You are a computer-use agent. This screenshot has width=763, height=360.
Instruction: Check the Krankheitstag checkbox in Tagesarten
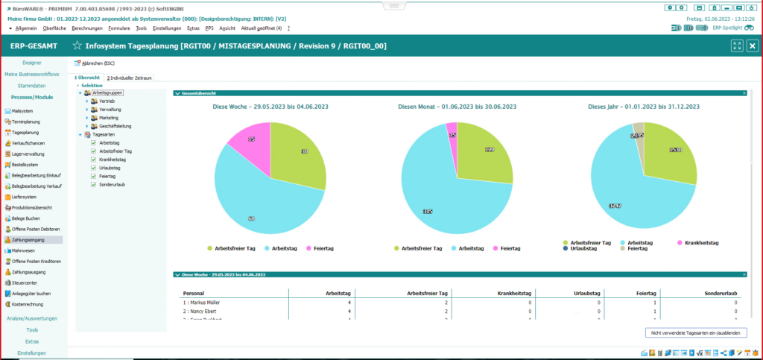pyautogui.click(x=94, y=160)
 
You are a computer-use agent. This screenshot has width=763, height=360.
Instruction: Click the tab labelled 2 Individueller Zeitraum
pyautogui.click(x=130, y=78)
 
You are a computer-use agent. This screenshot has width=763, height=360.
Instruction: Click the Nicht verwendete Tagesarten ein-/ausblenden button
pyautogui.click(x=695, y=332)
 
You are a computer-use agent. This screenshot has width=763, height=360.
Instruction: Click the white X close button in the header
pyautogui.click(x=753, y=45)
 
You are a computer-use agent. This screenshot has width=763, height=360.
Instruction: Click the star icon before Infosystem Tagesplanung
pyautogui.click(x=77, y=46)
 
